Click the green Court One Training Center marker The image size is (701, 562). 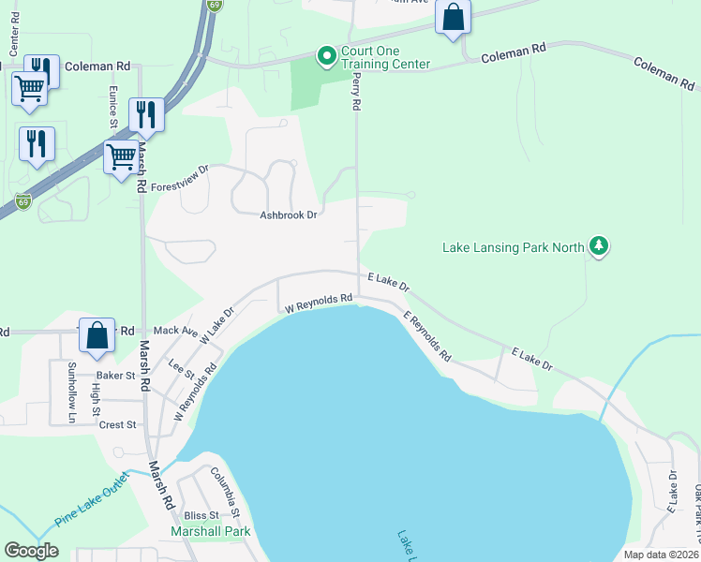point(326,58)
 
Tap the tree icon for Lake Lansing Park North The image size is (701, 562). point(599,247)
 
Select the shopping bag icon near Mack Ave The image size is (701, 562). point(97,335)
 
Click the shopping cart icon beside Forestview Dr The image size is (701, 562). point(121,157)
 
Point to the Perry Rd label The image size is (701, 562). point(356,94)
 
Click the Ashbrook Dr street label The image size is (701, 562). point(290,215)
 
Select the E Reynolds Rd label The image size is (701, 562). point(427,337)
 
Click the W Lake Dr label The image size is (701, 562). point(216,325)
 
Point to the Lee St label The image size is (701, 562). point(181,367)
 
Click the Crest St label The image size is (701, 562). point(118,424)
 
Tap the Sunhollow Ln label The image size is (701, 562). point(70,392)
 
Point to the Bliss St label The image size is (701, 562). point(201,515)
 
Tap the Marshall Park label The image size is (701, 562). point(210,531)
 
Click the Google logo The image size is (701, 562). point(32,551)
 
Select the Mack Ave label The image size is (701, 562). point(175,331)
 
